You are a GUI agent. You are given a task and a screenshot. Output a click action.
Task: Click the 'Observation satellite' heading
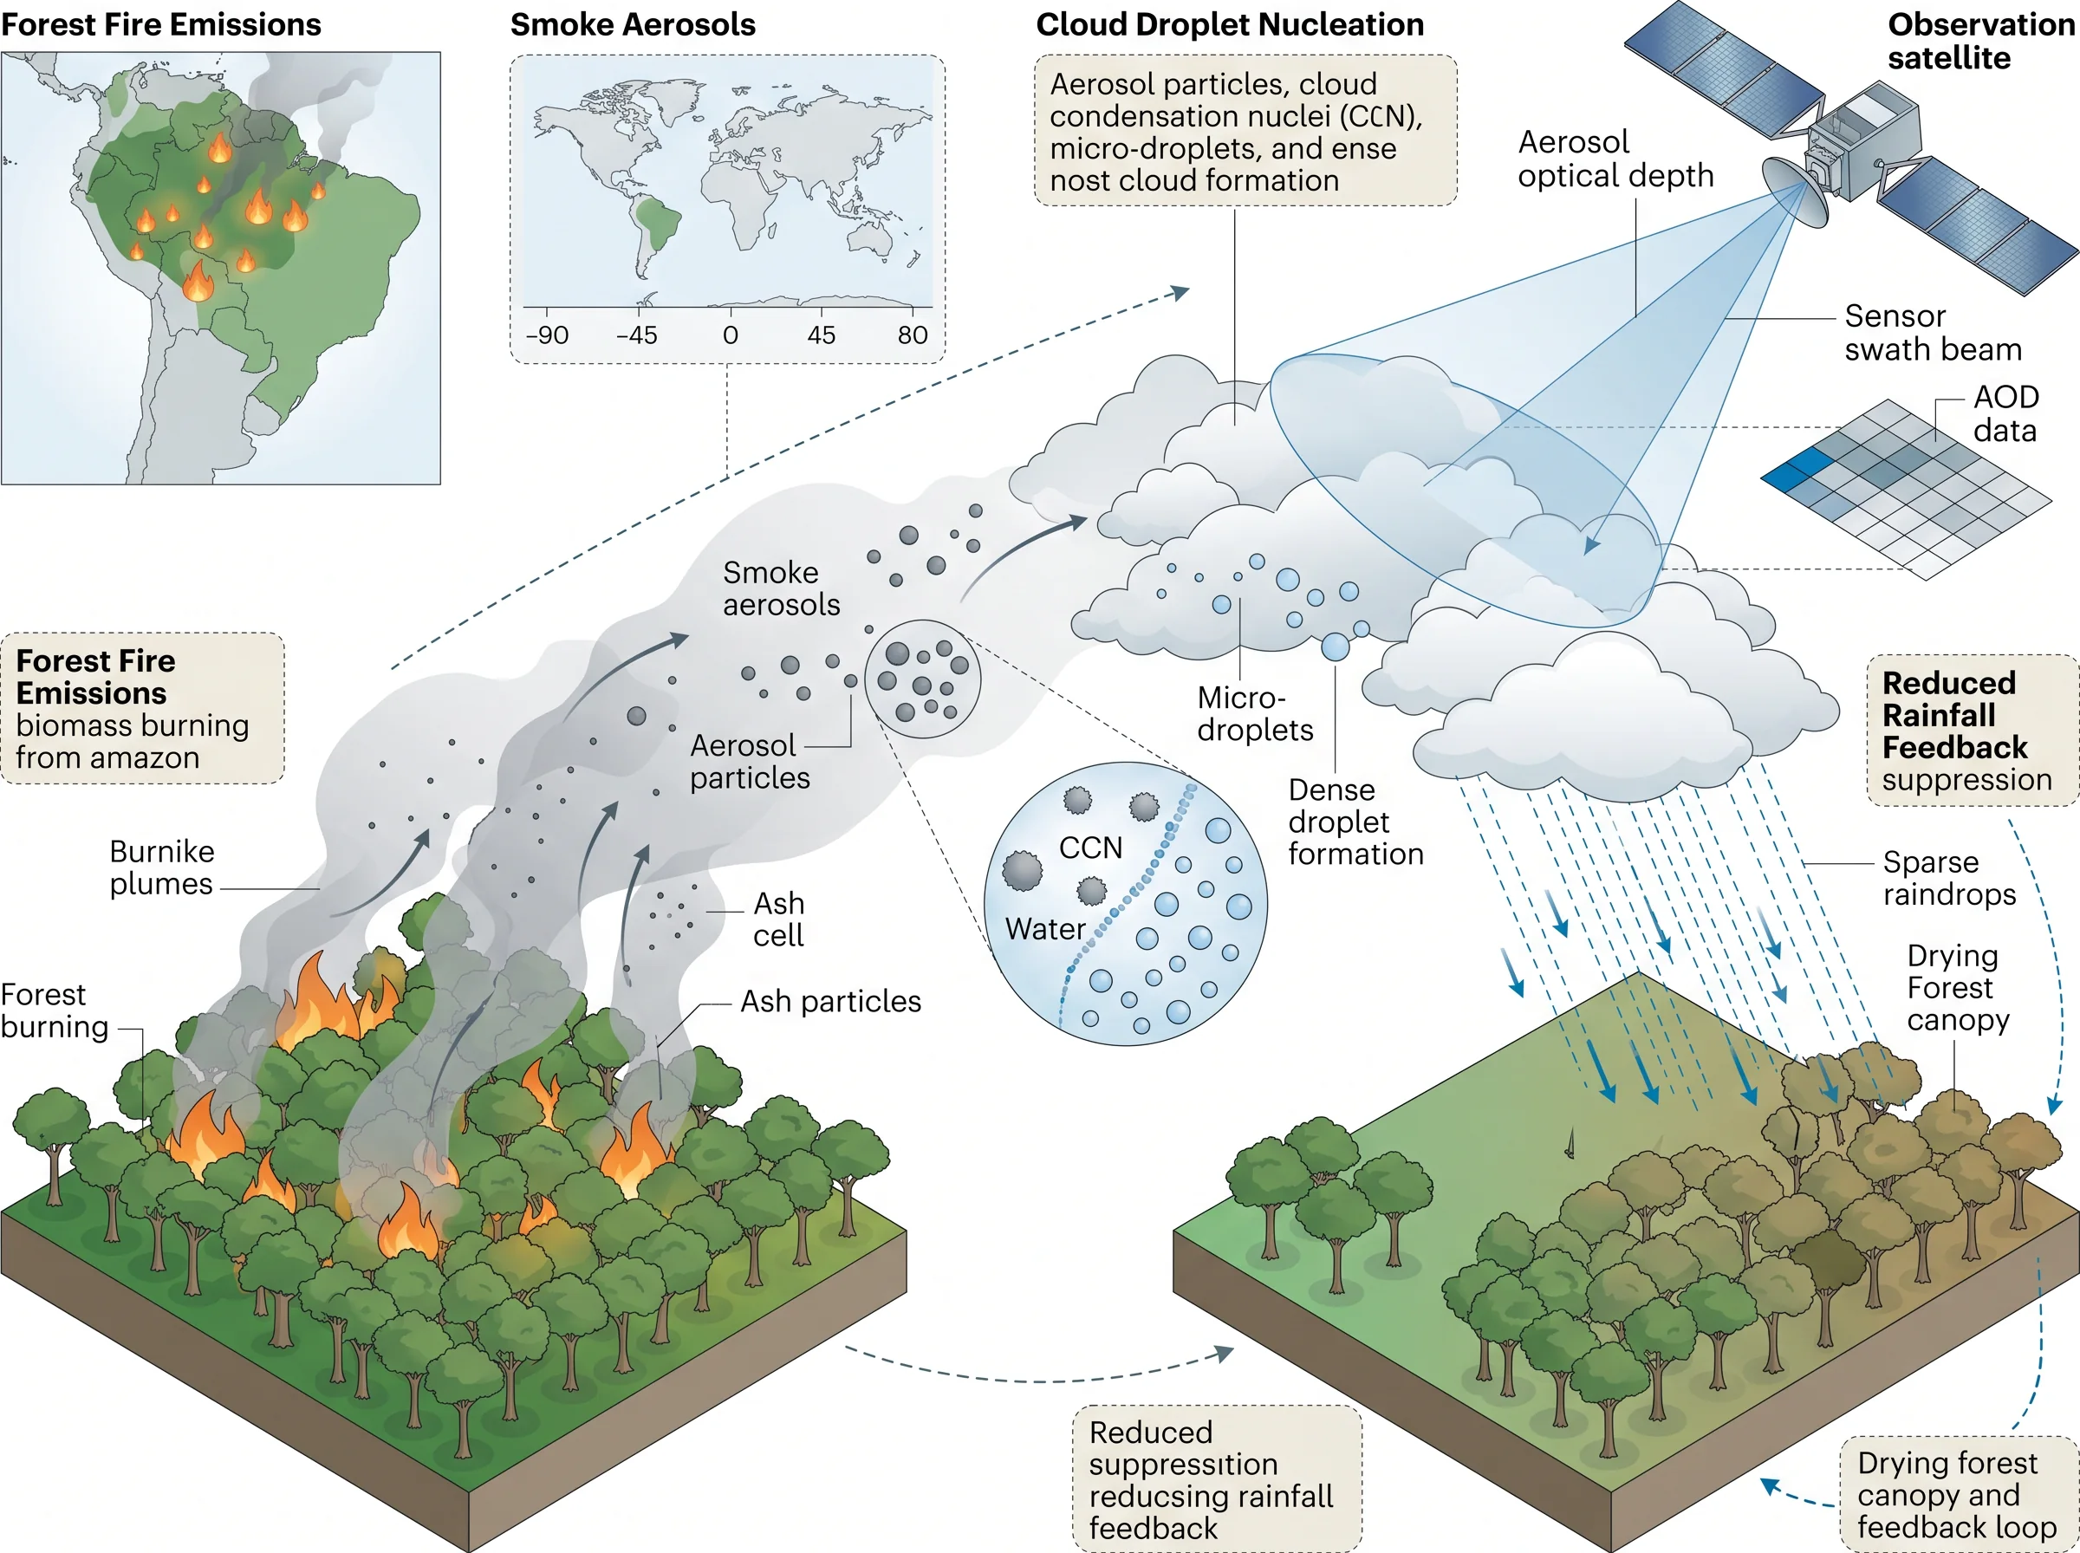[x=1980, y=41]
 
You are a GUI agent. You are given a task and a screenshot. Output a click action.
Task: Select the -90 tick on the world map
[x=547, y=335]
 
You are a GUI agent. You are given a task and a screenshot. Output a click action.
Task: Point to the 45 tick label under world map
[x=821, y=335]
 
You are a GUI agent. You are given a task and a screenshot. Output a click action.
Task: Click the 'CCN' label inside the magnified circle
[x=1090, y=848]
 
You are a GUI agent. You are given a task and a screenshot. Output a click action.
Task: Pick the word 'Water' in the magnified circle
[x=1045, y=929]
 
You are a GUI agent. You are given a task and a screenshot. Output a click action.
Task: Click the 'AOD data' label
[x=2005, y=413]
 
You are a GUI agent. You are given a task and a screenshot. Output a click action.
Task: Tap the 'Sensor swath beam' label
[x=1933, y=333]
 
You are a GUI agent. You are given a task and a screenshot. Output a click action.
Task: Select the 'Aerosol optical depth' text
[x=1615, y=159]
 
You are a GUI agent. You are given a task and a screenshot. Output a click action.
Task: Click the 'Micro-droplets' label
[x=1255, y=713]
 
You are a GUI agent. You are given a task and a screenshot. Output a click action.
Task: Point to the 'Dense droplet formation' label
[x=1355, y=822]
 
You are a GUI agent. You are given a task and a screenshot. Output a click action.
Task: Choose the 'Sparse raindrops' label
[x=1949, y=878]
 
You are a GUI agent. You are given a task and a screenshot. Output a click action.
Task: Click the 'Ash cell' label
[x=778, y=919]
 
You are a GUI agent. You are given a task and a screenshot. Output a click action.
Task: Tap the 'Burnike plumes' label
[x=162, y=867]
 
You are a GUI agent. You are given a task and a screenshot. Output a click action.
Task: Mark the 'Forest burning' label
[x=55, y=1010]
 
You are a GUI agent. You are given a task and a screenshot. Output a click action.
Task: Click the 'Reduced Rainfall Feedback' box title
[x=1955, y=714]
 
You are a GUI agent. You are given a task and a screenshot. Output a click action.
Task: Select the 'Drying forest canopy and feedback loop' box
[x=1958, y=1495]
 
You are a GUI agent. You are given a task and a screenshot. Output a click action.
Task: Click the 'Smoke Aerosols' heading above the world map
[x=633, y=24]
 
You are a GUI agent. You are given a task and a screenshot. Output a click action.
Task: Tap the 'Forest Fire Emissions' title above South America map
[x=160, y=24]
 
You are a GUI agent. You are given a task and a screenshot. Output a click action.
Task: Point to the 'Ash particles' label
[x=831, y=1001]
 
